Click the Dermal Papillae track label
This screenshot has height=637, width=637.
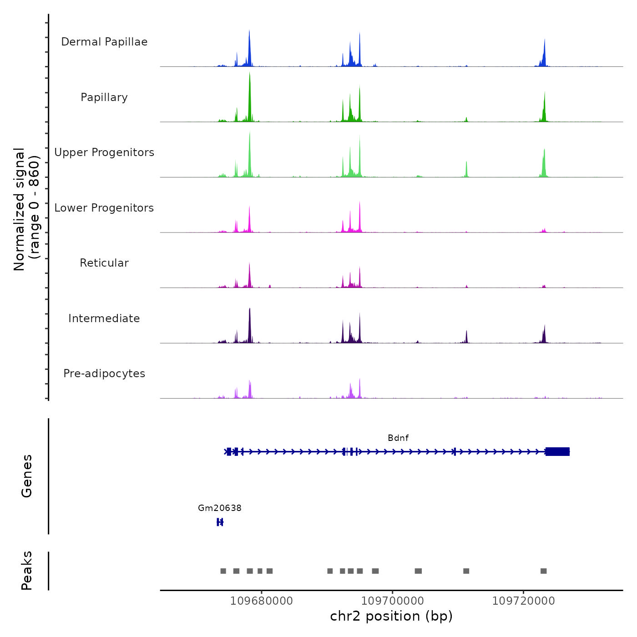(x=104, y=42)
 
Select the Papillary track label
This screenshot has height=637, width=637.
(x=104, y=97)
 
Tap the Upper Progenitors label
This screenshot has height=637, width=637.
(x=104, y=152)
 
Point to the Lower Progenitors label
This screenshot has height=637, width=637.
(x=104, y=208)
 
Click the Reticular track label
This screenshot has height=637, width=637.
(x=104, y=263)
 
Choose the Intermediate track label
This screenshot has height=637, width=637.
(x=104, y=318)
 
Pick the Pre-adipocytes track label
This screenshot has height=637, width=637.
(x=104, y=374)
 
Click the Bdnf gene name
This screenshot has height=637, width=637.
(x=398, y=438)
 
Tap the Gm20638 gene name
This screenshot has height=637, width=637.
(x=220, y=508)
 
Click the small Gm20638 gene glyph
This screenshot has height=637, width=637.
(x=220, y=522)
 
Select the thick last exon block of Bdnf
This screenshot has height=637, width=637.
(x=557, y=451)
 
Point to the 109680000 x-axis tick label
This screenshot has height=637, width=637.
(x=262, y=601)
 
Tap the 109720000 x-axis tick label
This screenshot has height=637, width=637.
(x=524, y=601)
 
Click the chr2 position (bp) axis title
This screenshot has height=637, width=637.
(x=391, y=617)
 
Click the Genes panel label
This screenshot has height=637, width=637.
(x=27, y=476)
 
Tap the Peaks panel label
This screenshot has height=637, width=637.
(x=27, y=571)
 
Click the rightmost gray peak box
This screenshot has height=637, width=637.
(x=543, y=571)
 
